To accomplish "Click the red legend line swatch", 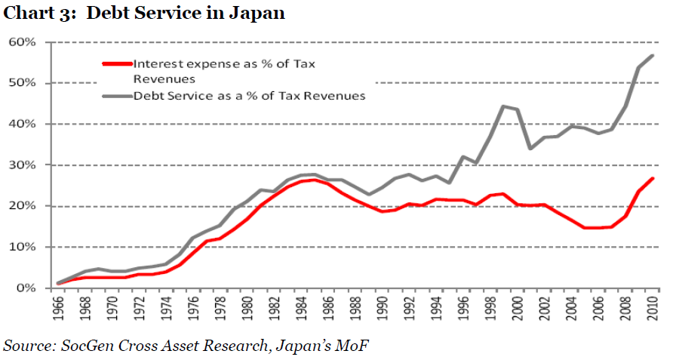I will (117, 64).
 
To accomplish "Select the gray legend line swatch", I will (117, 96).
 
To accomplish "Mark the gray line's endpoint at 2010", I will (653, 56).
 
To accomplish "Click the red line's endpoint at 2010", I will (653, 179).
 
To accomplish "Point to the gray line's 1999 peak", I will (503, 106).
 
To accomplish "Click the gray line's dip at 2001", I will (530, 148).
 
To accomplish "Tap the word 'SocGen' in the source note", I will (86, 346).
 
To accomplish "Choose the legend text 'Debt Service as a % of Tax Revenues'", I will (249, 96).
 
